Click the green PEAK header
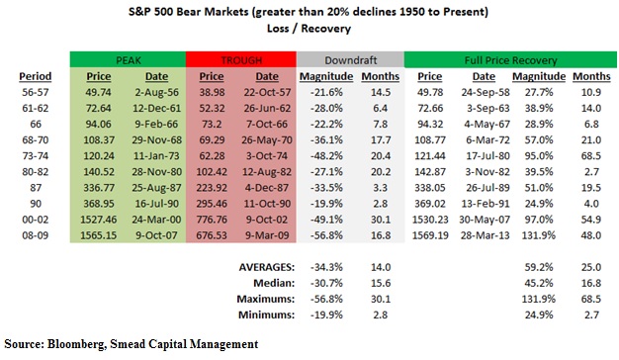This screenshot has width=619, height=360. [128, 60]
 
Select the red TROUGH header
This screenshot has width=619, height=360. [241, 60]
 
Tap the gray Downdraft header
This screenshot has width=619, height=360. [351, 60]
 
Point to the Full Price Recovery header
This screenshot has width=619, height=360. [510, 60]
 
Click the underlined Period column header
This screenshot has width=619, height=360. [36, 76]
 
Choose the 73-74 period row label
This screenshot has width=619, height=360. [36, 156]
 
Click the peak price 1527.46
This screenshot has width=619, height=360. [98, 220]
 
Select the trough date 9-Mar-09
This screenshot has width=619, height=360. [267, 235]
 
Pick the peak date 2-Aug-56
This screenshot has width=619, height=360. [156, 92]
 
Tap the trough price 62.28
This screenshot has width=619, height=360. [212, 156]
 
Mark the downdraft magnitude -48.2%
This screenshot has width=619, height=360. [326, 156]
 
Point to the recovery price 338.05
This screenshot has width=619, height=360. [430, 188]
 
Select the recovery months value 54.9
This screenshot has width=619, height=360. [591, 220]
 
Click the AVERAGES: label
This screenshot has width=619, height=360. [267, 267]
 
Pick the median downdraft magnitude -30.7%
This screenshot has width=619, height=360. [326, 283]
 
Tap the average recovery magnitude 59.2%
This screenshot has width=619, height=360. [539, 267]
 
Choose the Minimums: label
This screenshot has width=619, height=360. [266, 315]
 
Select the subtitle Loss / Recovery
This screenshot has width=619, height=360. [309, 29]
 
